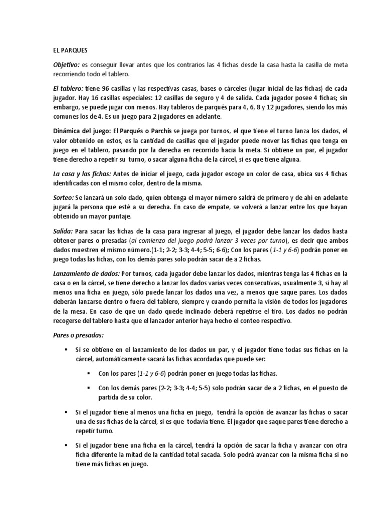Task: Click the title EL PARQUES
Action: [70, 50]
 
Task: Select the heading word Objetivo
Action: [66, 65]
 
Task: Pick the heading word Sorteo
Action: [63, 197]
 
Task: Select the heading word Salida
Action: [63, 231]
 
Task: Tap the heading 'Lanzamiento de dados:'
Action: [86, 274]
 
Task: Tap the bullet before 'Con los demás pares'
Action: [89, 388]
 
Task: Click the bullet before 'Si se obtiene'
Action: [66, 350]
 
